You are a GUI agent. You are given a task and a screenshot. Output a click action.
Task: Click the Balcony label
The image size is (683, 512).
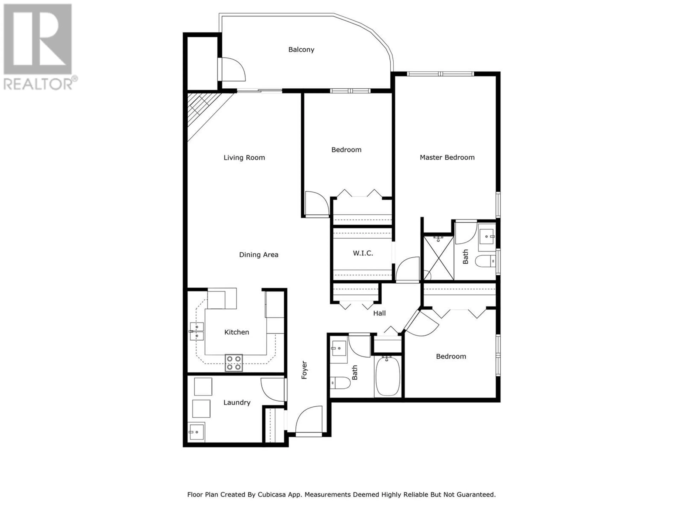pyautogui.click(x=301, y=50)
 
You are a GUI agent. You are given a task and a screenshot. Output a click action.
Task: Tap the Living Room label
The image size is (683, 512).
pyautogui.click(x=244, y=158)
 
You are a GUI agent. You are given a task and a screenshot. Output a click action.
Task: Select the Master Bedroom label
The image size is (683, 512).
pyautogui.click(x=447, y=157)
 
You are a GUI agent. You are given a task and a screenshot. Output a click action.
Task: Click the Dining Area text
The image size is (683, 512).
pyautogui.click(x=259, y=255)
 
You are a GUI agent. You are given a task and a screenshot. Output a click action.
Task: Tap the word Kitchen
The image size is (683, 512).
pyautogui.click(x=237, y=332)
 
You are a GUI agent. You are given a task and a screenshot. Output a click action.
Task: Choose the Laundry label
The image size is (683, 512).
pyautogui.click(x=237, y=402)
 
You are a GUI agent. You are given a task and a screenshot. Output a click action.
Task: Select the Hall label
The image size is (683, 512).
pyautogui.click(x=380, y=313)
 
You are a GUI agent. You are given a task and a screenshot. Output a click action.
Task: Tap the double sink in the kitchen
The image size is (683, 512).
pyautogui.click(x=197, y=331)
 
